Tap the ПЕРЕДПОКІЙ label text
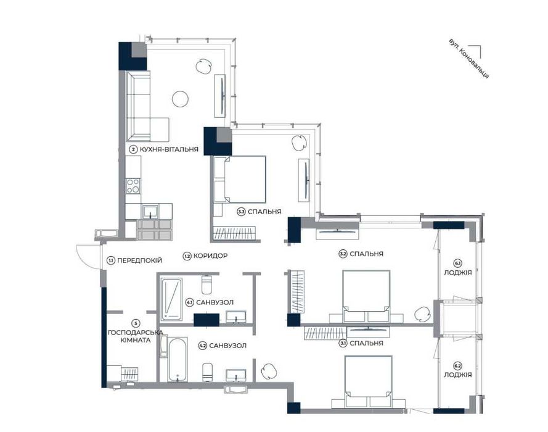[139, 260]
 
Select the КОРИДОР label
[210, 256]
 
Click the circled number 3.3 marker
[241, 212]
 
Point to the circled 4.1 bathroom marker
[190, 302]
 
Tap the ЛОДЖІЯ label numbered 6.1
[458, 273]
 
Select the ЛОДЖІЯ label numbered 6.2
[458, 375]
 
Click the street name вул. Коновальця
[468, 58]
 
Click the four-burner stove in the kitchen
[133, 186]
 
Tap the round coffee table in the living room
[181, 99]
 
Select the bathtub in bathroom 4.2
[178, 360]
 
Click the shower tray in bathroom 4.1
[171, 299]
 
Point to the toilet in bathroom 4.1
[207, 285]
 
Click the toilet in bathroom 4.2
[207, 373]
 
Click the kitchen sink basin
[150, 212]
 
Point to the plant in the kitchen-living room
[203, 66]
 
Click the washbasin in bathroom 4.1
[236, 317]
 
